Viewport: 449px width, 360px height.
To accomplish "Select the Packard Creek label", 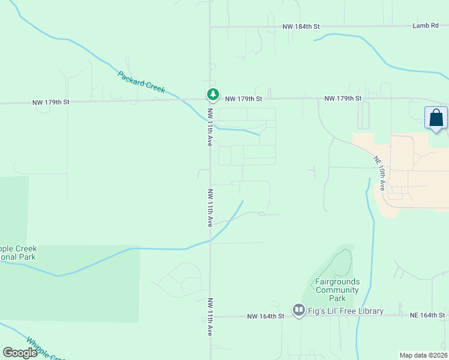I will click(x=141, y=82).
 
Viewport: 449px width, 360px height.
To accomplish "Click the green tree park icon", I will click(x=212, y=94).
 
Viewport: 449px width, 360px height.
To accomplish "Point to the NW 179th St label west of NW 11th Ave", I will click(x=51, y=103).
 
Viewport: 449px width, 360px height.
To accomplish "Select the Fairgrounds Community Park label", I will click(x=337, y=290).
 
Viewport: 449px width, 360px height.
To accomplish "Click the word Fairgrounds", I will click(x=337, y=281).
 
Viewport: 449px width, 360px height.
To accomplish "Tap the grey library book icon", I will click(x=298, y=310).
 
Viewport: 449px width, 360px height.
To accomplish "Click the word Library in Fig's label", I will click(x=369, y=311).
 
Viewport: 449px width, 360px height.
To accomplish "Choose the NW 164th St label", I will click(x=265, y=316).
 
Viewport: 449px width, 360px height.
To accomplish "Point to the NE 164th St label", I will click(x=427, y=315).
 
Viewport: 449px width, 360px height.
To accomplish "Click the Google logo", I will click(x=20, y=353).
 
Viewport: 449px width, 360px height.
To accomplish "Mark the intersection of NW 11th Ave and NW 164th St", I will click(x=210, y=316).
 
